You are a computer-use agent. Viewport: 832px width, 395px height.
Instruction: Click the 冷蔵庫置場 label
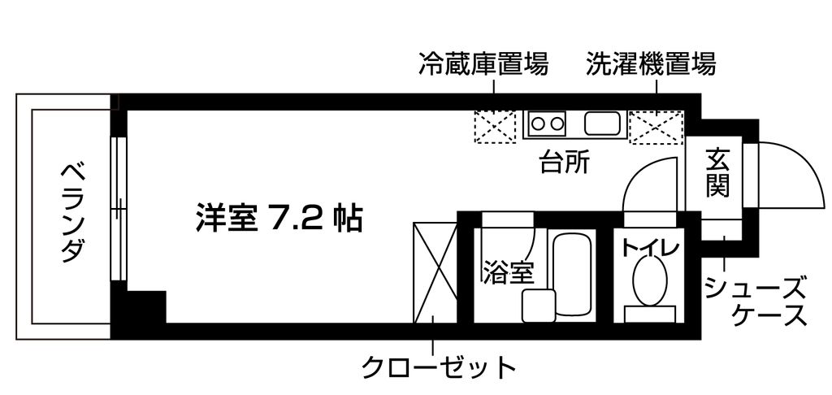483,63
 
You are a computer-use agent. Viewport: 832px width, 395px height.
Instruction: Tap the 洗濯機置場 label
651,63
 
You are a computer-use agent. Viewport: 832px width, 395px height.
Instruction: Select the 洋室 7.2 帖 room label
279,218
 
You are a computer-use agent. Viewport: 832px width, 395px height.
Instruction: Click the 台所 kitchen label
565,163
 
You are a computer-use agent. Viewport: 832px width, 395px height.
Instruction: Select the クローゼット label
438,367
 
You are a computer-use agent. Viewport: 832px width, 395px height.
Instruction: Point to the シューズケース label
755,302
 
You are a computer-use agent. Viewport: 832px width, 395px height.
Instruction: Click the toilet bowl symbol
651,280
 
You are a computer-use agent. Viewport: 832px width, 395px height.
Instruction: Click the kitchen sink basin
602,124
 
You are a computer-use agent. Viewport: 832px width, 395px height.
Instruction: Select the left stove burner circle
538,124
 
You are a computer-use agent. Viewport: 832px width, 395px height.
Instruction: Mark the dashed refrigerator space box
495,127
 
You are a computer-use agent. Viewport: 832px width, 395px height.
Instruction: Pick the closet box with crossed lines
435,272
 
